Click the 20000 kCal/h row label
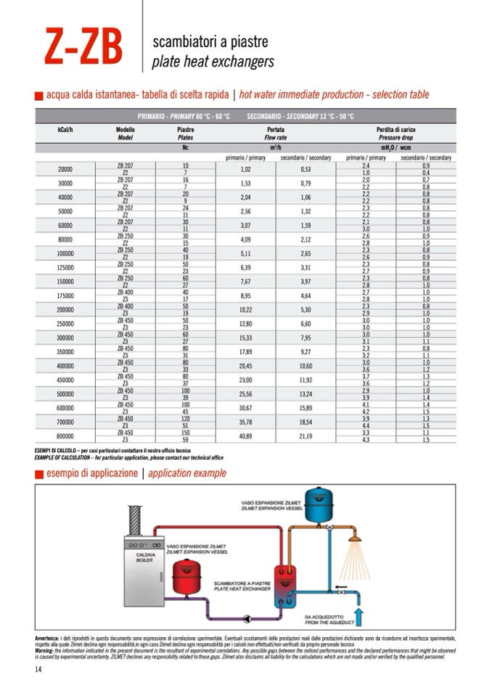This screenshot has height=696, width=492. coord(65,169)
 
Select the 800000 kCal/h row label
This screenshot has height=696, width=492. coord(65,436)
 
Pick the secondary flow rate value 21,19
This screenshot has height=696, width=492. coord(306,436)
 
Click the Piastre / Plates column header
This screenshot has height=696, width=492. coord(185,133)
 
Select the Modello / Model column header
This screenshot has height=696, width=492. coord(125,133)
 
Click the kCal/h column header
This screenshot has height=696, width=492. coord(65,130)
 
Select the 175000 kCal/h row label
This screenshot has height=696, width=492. coord(65,295)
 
